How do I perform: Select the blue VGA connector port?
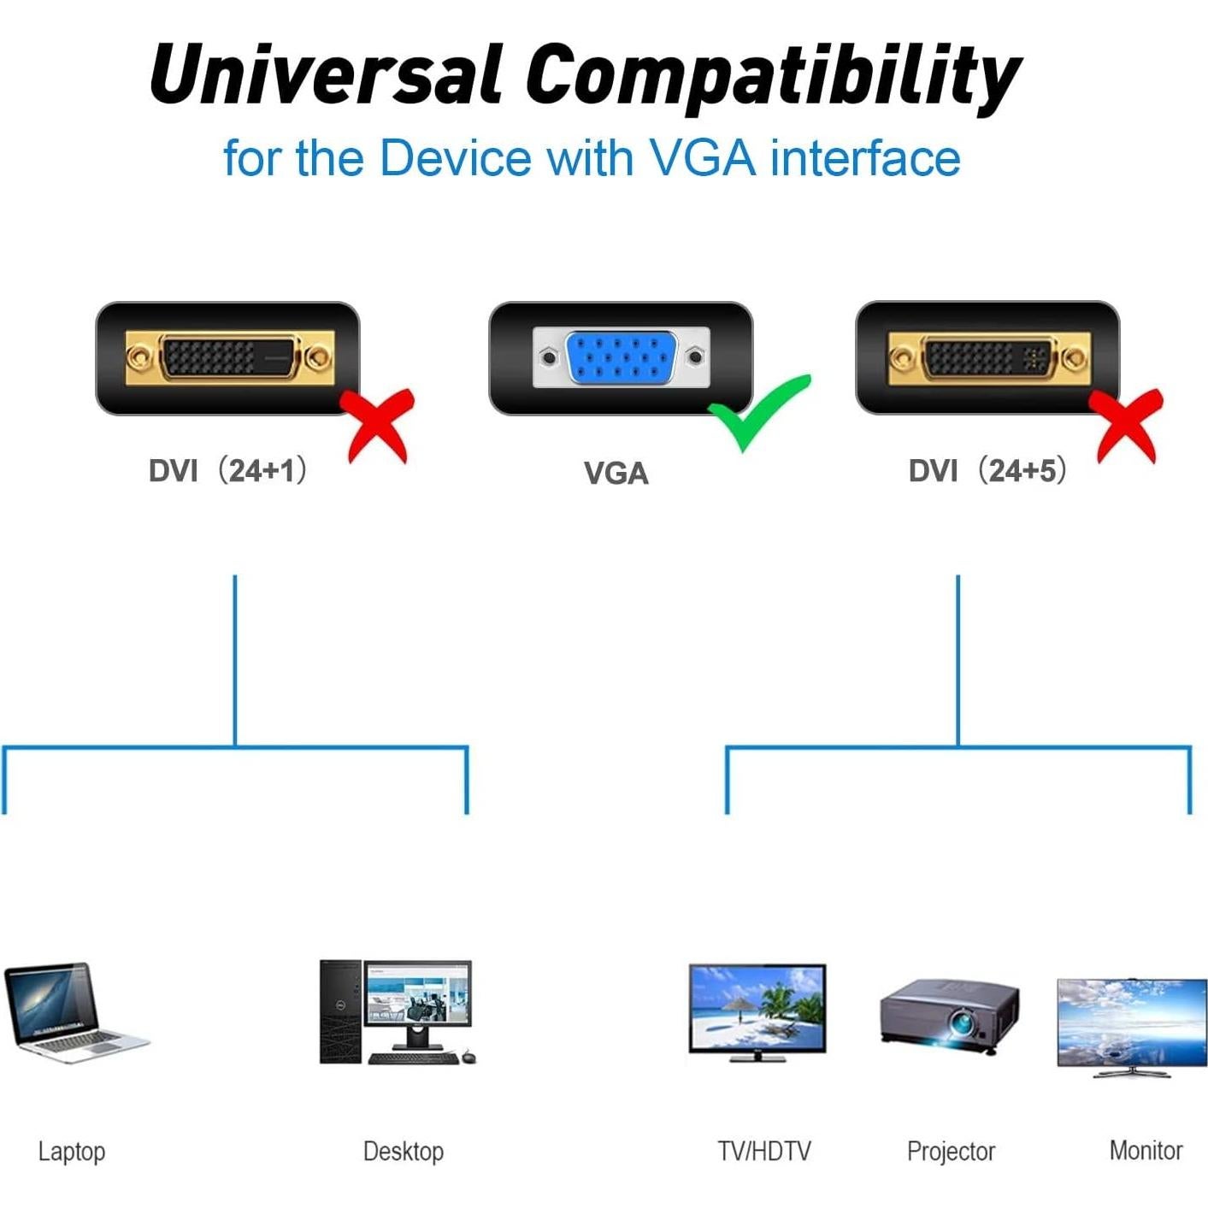pyautogui.click(x=621, y=357)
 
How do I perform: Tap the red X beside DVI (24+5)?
pyautogui.click(x=1128, y=426)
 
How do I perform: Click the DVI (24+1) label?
pyautogui.click(x=227, y=470)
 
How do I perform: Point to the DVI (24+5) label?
pyautogui.click(x=987, y=470)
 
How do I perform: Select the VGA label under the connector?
pyautogui.click(x=616, y=473)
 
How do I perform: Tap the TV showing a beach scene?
pyautogui.click(x=757, y=1011)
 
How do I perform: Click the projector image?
pyautogui.click(x=950, y=1016)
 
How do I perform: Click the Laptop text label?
pyautogui.click(x=72, y=1152)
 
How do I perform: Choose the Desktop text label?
pyautogui.click(x=404, y=1152)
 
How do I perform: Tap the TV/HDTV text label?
pyautogui.click(x=763, y=1152)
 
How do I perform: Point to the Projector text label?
pyautogui.click(x=951, y=1152)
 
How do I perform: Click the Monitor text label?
pyautogui.click(x=1146, y=1151)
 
